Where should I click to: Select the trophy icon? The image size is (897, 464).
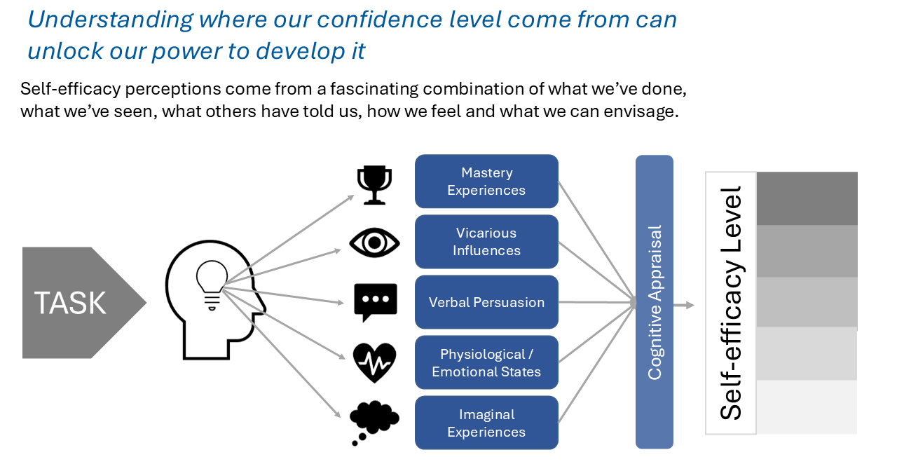coord(374,185)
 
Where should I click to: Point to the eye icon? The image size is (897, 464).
coord(374,243)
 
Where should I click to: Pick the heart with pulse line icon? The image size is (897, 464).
coord(374,362)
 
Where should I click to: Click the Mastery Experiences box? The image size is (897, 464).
coord(486,181)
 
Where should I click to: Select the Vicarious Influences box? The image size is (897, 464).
coord(486,242)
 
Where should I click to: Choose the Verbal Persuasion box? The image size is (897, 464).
coord(486,302)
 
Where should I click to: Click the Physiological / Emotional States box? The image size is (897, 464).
coord(486,362)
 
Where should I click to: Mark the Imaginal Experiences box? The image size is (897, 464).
coord(486,423)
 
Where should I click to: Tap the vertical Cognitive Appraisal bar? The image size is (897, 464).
coord(655,301)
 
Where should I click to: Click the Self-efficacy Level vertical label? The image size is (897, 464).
coord(731,303)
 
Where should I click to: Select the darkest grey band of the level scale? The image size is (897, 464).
coord(807,198)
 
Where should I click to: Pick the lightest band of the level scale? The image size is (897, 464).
coord(807,407)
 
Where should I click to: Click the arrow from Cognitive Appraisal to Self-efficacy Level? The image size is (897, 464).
coord(684,306)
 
